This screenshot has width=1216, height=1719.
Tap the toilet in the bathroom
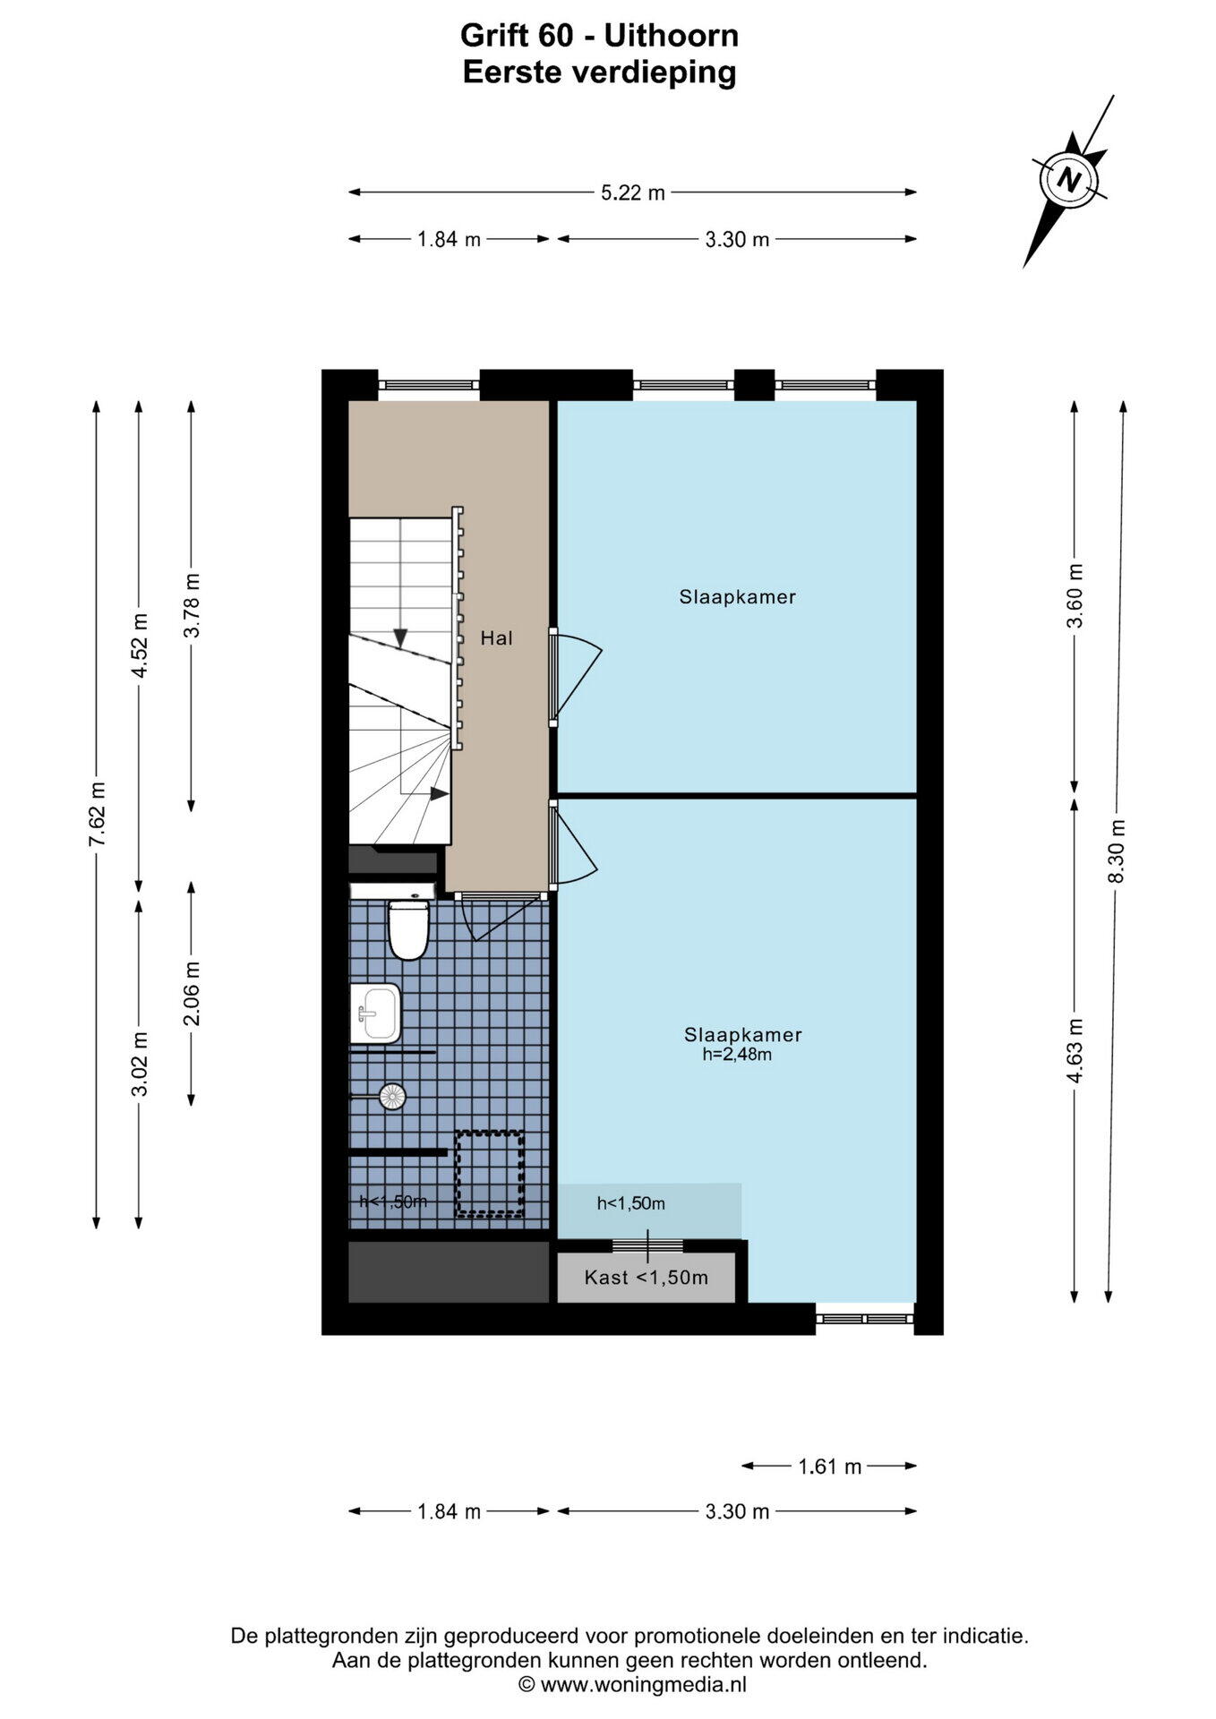(407, 929)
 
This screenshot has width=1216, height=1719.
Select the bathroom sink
(375, 1013)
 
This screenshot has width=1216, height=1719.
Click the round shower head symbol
(392, 1096)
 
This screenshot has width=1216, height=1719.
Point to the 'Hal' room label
(497, 638)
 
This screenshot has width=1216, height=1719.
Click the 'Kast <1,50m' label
(647, 1278)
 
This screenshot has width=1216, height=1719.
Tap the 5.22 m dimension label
(633, 192)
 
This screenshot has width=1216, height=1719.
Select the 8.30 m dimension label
(1116, 851)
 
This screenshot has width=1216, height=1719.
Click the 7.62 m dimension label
(98, 814)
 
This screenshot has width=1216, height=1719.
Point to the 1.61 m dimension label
(829, 1467)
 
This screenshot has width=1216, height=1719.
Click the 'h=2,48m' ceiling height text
(737, 1055)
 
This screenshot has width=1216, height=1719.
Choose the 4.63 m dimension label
(1075, 1051)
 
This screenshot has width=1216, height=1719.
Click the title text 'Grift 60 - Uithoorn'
(600, 36)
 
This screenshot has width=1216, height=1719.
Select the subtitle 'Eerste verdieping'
(599, 73)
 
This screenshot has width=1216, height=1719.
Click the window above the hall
(429, 384)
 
